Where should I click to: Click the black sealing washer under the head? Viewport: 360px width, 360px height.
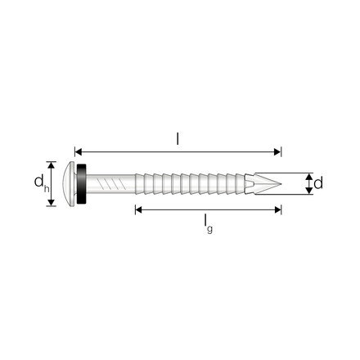point(82,183)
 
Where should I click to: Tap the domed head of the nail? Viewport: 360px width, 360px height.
point(69,183)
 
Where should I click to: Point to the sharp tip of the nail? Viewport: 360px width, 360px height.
point(281,183)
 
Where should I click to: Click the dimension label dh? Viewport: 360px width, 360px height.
point(42,183)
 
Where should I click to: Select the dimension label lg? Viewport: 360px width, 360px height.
point(209,224)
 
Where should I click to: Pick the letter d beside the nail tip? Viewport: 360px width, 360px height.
point(318,183)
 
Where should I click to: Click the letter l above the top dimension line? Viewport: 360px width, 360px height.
point(178,139)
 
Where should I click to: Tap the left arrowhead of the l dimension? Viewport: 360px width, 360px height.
point(79,152)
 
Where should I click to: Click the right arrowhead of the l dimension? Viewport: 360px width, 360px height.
point(277,152)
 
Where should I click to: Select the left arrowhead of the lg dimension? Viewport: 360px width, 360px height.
point(139,209)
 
